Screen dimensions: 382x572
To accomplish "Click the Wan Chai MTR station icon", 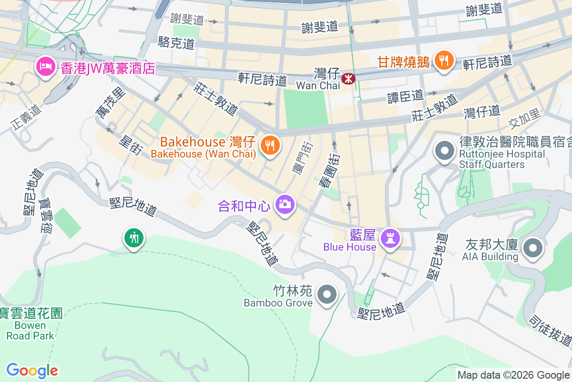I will click(348, 78).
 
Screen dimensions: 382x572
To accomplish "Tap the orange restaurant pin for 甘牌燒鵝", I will click(444, 61).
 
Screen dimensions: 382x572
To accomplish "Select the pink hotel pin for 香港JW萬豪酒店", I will click(46, 67).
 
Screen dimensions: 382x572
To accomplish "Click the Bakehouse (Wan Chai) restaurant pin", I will click(270, 145).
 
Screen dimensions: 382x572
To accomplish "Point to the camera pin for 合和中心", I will click(285, 204).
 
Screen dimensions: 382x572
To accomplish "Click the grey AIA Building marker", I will click(532, 248).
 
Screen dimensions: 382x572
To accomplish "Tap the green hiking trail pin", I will click(134, 237).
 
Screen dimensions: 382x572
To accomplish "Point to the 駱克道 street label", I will click(176, 43).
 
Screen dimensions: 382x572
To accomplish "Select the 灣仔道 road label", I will click(482, 111).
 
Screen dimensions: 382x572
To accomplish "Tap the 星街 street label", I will click(131, 145).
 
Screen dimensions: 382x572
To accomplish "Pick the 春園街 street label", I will click(328, 170).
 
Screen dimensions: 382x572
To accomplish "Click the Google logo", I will click(32, 371).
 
